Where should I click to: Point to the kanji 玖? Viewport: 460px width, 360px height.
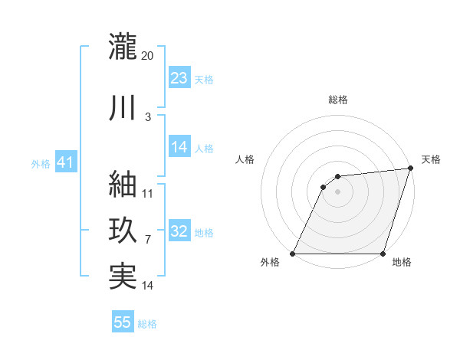point(123,230)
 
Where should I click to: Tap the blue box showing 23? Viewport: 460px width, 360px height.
point(179,78)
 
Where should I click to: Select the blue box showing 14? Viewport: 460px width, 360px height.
point(179,148)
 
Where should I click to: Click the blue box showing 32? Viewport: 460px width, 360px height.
point(179,231)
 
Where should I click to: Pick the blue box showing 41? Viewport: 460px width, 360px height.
point(65,163)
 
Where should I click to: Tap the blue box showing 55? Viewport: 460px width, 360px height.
point(123,322)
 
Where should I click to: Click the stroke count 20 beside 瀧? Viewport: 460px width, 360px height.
point(148,55)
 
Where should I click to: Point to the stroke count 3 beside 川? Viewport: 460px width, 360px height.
point(148,116)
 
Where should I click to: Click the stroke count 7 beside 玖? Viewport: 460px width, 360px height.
point(148,240)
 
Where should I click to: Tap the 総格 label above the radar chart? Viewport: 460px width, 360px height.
point(338,100)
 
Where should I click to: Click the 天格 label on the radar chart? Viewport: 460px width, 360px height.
point(431,159)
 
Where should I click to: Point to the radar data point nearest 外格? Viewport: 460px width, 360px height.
point(293,254)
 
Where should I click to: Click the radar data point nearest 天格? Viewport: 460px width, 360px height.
point(410,169)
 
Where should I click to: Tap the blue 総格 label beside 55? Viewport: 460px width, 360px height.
point(147,324)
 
